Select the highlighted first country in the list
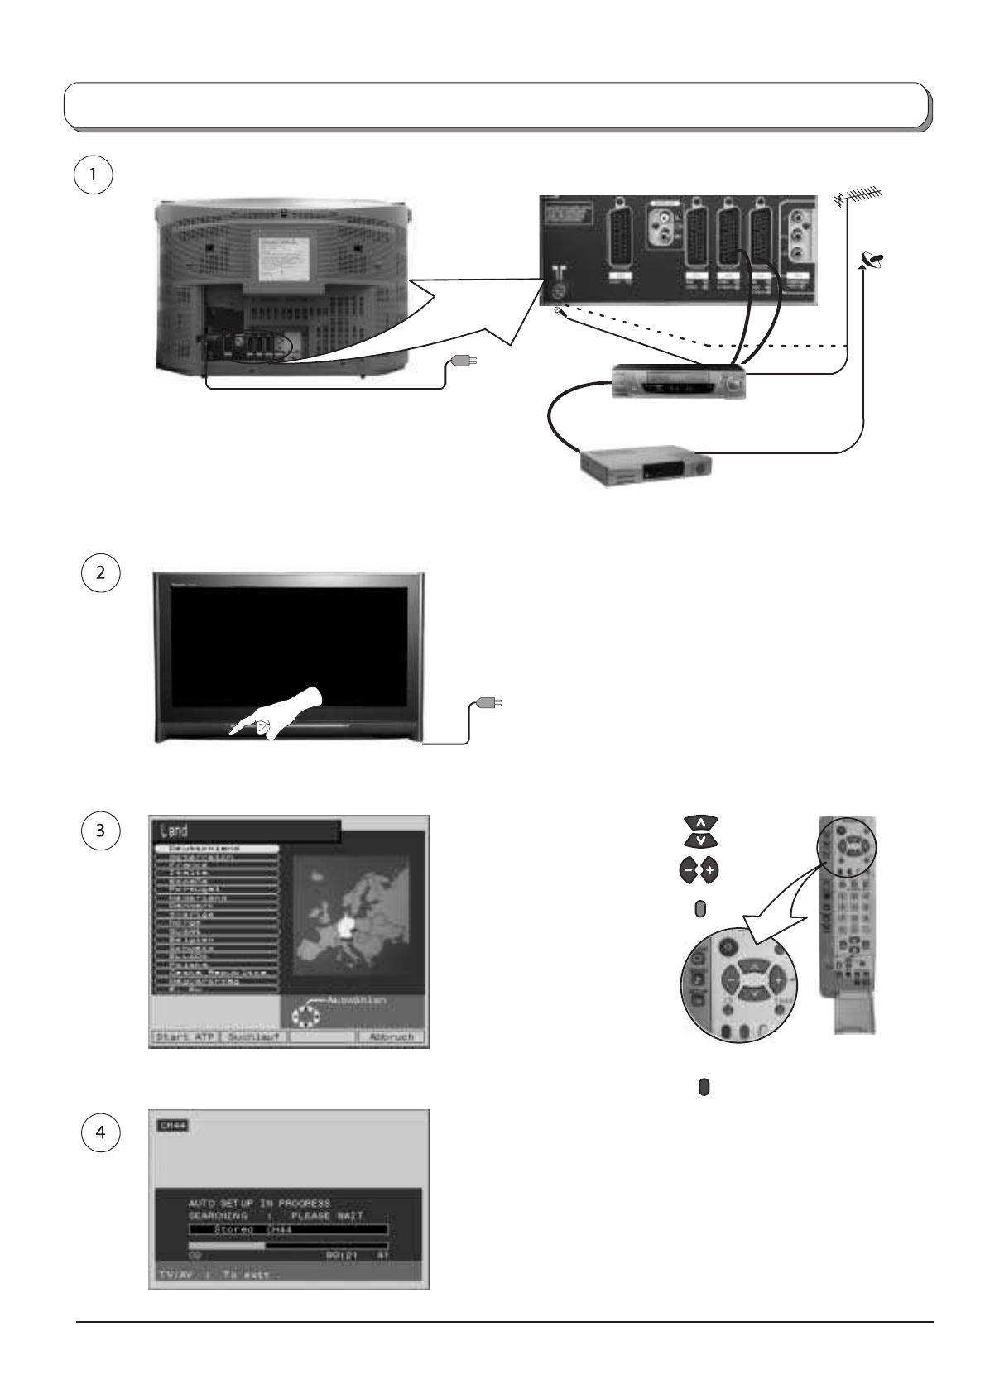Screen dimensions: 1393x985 (217, 849)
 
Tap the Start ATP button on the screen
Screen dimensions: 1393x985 (184, 1036)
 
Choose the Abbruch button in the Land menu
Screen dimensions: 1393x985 (391, 1036)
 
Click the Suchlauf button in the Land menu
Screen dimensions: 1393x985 (252, 1036)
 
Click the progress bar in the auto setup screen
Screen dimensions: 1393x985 (288, 1244)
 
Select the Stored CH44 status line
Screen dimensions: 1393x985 (288, 1230)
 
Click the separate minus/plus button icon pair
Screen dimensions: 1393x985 (700, 870)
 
